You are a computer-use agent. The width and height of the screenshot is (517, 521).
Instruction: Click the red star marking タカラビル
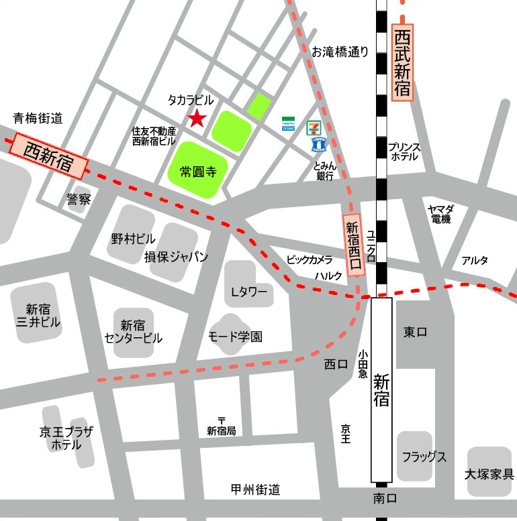(196, 119)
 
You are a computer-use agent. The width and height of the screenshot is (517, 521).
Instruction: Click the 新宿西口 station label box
(353, 245)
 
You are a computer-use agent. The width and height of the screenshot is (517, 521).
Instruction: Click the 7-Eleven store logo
(314, 126)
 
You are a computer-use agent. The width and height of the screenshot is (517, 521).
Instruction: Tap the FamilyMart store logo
(288, 124)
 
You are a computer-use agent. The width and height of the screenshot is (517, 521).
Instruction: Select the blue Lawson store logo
(319, 143)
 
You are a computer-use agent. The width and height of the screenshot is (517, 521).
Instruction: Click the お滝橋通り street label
(340, 52)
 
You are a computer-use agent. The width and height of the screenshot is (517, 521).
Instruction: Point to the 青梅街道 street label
(38, 119)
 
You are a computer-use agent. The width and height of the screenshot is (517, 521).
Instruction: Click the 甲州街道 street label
(255, 489)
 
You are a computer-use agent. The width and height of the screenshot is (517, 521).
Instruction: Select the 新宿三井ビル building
(38, 314)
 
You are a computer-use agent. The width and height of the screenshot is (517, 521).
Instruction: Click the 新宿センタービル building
(134, 331)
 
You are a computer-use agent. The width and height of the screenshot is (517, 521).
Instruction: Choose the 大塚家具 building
(489, 472)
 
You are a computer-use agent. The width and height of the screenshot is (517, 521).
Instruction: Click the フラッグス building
(424, 457)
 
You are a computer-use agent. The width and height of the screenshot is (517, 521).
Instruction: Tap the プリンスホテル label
(404, 152)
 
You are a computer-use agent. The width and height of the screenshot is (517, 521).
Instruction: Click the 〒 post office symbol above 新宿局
(221, 420)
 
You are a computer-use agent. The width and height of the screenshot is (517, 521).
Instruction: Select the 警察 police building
(78, 199)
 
